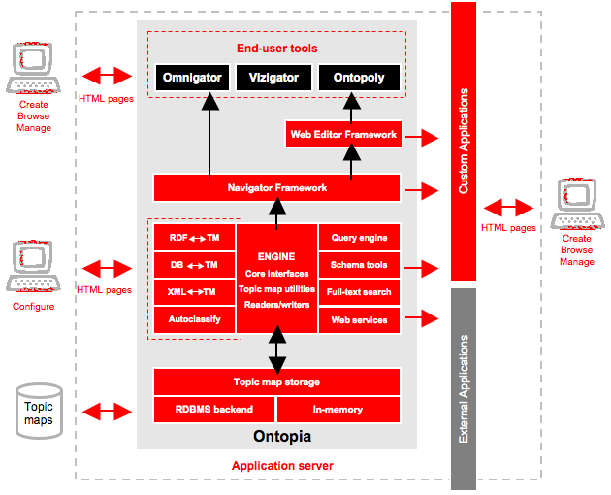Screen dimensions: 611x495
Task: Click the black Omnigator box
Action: click(192, 78)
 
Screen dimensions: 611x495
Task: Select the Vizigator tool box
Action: click(273, 78)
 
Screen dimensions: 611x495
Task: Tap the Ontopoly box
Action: click(359, 78)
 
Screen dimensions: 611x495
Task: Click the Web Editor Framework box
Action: click(343, 134)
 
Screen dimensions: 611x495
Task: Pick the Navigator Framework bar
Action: click(276, 187)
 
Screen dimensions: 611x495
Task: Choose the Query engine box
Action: click(359, 237)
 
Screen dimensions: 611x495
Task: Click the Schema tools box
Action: click(359, 265)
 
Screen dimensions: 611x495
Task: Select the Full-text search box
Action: click(359, 292)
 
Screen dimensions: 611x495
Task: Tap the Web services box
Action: click(359, 320)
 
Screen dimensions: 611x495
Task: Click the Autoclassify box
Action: click(194, 319)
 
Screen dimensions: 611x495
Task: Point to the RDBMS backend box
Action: click(214, 410)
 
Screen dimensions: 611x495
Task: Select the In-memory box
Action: click(338, 410)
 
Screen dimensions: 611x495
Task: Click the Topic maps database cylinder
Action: click(39, 412)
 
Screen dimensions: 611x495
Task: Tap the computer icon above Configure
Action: click(33, 266)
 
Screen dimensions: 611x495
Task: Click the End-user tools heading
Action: click(277, 48)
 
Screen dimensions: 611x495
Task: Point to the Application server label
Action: click(282, 465)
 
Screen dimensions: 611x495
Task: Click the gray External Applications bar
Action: click(464, 389)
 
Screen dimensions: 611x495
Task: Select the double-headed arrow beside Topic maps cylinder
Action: click(107, 412)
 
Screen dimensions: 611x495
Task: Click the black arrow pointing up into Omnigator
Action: click(210, 136)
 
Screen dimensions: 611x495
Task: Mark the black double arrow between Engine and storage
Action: click(277, 349)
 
